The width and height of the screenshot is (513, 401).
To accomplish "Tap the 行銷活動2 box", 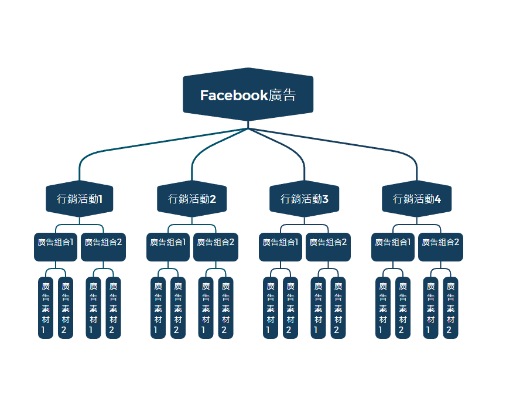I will pyautogui.click(x=192, y=199).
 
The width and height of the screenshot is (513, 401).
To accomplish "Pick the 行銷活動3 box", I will pyautogui.click(x=305, y=199).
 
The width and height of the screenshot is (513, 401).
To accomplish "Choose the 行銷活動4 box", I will pyautogui.click(x=417, y=199).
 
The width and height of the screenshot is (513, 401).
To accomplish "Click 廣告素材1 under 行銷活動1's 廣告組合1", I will pyautogui.click(x=46, y=308).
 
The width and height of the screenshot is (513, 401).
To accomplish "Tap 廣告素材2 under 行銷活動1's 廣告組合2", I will pyautogui.click(x=114, y=308).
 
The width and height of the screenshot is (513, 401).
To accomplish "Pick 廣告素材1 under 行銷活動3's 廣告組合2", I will pyautogui.click(x=319, y=308).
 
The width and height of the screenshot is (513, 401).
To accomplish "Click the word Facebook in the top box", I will pyautogui.click(x=234, y=95).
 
